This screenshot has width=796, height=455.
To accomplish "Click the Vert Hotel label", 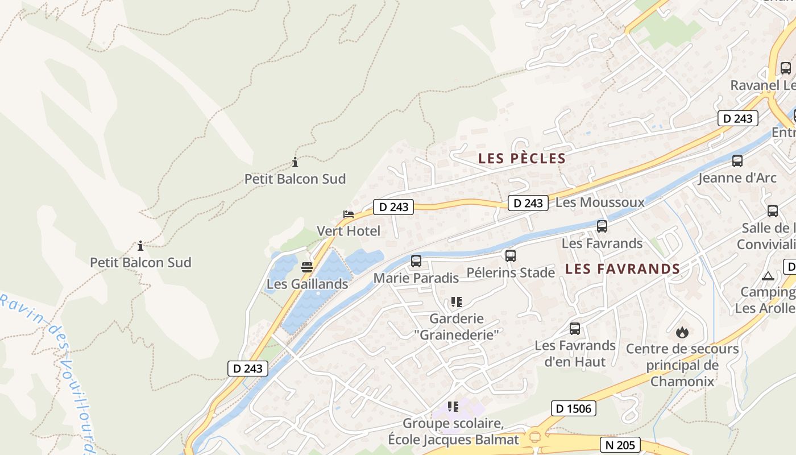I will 349,231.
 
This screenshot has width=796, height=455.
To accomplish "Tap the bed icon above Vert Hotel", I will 349,214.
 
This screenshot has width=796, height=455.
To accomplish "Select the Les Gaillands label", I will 308,284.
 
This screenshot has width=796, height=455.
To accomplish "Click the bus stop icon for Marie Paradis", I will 416,261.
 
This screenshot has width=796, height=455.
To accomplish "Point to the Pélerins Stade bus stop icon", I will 511,256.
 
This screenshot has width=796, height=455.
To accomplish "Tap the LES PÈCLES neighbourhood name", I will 522,159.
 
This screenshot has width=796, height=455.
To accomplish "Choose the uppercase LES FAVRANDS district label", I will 623,269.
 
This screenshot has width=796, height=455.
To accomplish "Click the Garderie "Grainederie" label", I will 457,326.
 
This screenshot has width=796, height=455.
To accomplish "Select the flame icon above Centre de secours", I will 682,332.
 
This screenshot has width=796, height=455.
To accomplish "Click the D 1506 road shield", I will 574,408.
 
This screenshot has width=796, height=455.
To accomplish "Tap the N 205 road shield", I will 620,445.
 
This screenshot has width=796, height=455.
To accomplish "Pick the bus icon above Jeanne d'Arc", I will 737,161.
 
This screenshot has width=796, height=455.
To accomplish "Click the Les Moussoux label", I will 600,202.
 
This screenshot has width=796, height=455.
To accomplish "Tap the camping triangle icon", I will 768,276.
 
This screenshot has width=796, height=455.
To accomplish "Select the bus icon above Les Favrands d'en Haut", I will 575,328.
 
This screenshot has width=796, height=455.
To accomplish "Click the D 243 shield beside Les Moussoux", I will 528,203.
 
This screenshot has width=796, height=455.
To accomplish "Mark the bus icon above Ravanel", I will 786,68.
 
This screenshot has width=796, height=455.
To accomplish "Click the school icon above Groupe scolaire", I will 453,407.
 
